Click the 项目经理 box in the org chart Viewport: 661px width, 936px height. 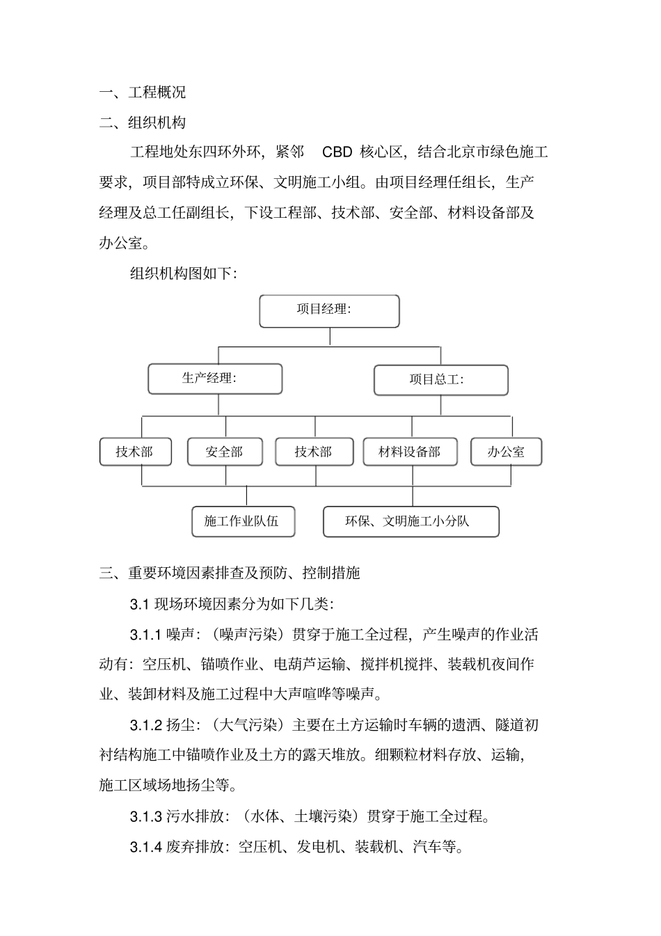(329, 311)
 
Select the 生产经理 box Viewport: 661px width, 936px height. (215, 379)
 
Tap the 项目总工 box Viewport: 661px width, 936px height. (440, 380)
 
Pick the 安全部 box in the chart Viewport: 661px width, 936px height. (225, 452)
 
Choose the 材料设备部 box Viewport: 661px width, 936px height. (411, 452)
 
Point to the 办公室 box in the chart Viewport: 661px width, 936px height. (506, 452)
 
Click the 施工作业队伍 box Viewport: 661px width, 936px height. (243, 521)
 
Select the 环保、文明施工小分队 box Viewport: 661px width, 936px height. (411, 522)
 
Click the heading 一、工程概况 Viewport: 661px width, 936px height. (143, 92)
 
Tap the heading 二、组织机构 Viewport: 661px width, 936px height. (143, 122)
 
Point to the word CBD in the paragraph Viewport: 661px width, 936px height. (337, 152)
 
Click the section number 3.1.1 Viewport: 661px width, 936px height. (145, 635)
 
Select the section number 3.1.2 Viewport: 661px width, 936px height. (145, 725)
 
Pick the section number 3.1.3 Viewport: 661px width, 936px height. (145, 816)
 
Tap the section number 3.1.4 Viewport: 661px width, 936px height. (145, 847)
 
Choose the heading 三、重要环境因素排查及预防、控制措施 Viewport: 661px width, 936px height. (230, 573)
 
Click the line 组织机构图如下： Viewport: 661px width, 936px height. (184, 273)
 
